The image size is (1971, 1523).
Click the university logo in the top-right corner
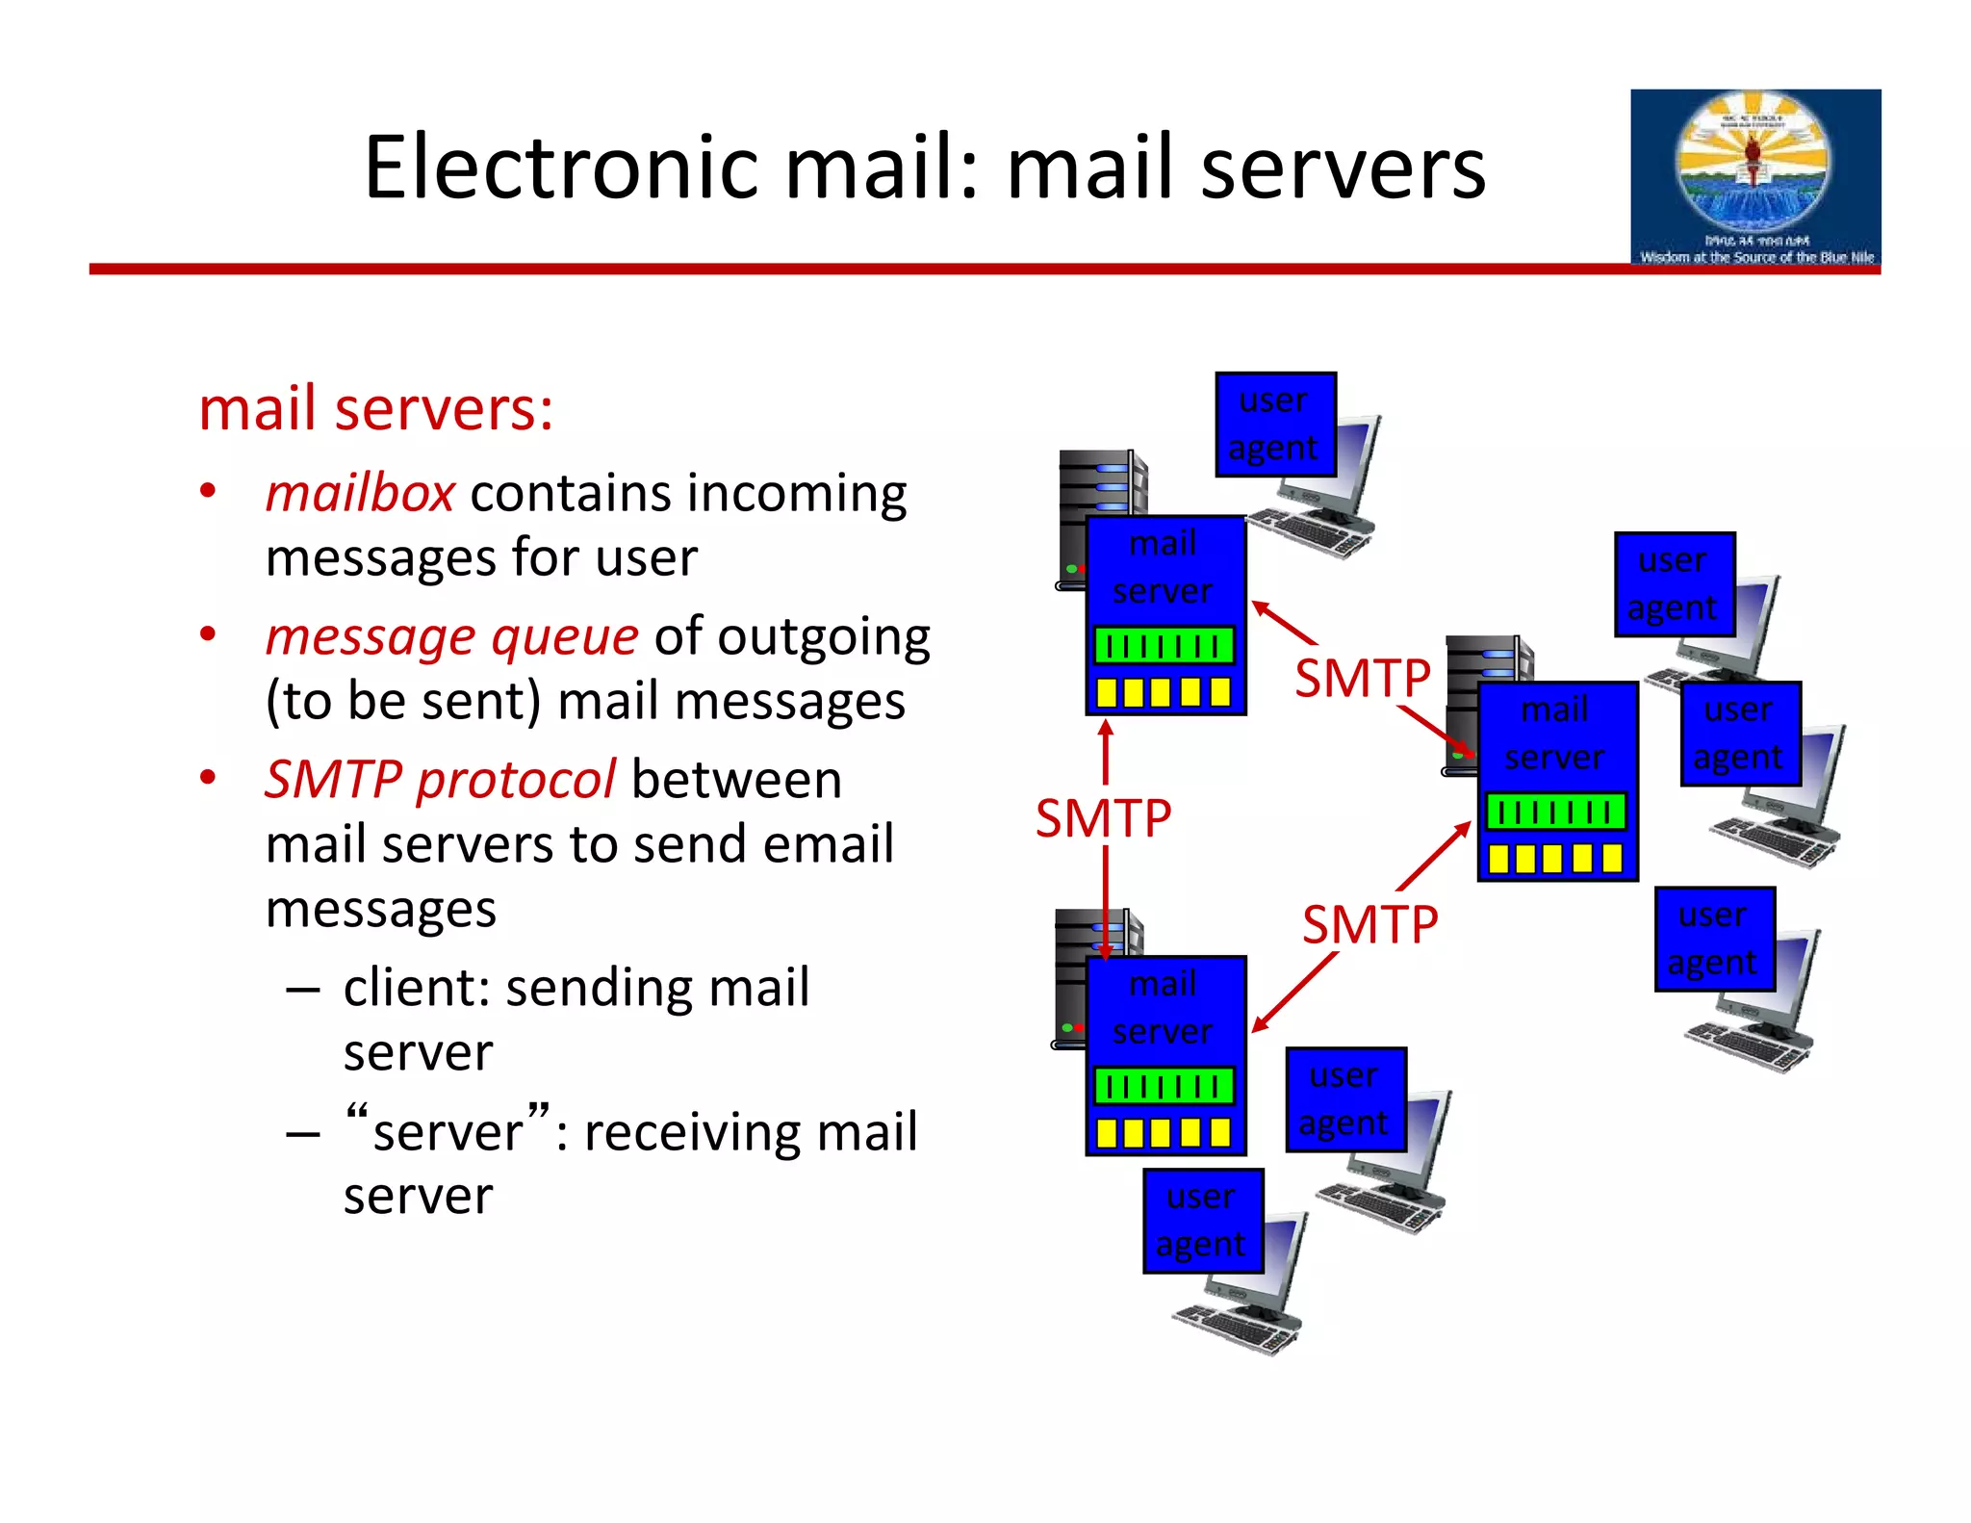pyautogui.click(x=1754, y=176)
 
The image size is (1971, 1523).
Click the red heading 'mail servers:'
pyautogui.click(x=376, y=408)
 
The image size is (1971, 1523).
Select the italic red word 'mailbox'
pyautogui.click(x=360, y=494)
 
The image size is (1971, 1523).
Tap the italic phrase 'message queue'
pyautogui.click(x=451, y=636)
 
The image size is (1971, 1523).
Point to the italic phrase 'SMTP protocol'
pyautogui.click(x=440, y=779)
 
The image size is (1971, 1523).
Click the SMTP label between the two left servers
pyautogui.click(x=1103, y=818)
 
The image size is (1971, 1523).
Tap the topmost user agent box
pyautogui.click(x=1275, y=425)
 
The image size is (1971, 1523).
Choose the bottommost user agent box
pyautogui.click(x=1203, y=1221)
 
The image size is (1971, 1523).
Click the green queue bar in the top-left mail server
pyautogui.click(x=1165, y=646)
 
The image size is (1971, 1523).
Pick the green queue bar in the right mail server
pyautogui.click(x=1555, y=812)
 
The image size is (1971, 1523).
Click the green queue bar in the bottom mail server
pyautogui.click(x=1165, y=1086)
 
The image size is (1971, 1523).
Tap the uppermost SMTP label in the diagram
pyautogui.click(x=1362, y=678)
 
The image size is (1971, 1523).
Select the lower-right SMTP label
pyautogui.click(x=1369, y=925)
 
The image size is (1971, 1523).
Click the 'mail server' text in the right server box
pyautogui.click(x=1554, y=734)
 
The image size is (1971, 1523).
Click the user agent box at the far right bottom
pyautogui.click(x=1714, y=939)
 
